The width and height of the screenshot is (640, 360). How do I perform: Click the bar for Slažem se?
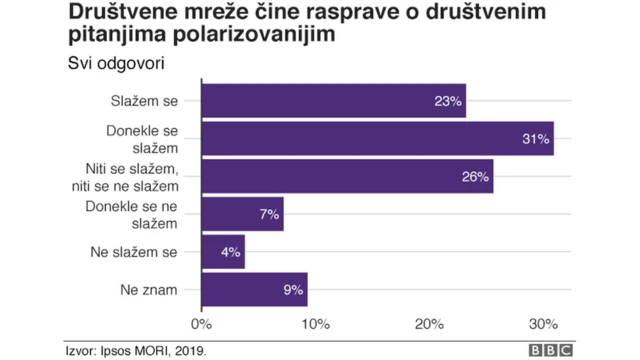click(333, 101)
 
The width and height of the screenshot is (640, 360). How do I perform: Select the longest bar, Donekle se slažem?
click(377, 139)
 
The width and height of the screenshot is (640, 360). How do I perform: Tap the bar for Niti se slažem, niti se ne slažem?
click(347, 177)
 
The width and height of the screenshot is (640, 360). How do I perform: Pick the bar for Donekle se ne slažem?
click(242, 214)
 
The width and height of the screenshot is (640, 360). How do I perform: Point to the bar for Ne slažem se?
click(223, 252)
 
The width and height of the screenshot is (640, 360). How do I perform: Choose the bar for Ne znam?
click(254, 289)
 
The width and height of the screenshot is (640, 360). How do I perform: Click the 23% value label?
click(447, 101)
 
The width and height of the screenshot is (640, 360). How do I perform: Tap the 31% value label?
click(536, 139)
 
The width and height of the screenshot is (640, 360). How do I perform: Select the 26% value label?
click(475, 177)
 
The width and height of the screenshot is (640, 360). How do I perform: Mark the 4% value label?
click(230, 252)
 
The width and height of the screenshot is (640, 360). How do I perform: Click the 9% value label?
click(292, 289)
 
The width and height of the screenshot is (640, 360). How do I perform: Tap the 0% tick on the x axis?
click(202, 323)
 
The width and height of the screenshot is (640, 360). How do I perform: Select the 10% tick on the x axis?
click(315, 323)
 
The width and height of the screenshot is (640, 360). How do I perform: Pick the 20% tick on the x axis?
click(429, 323)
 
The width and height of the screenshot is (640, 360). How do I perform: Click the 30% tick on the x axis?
click(543, 323)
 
